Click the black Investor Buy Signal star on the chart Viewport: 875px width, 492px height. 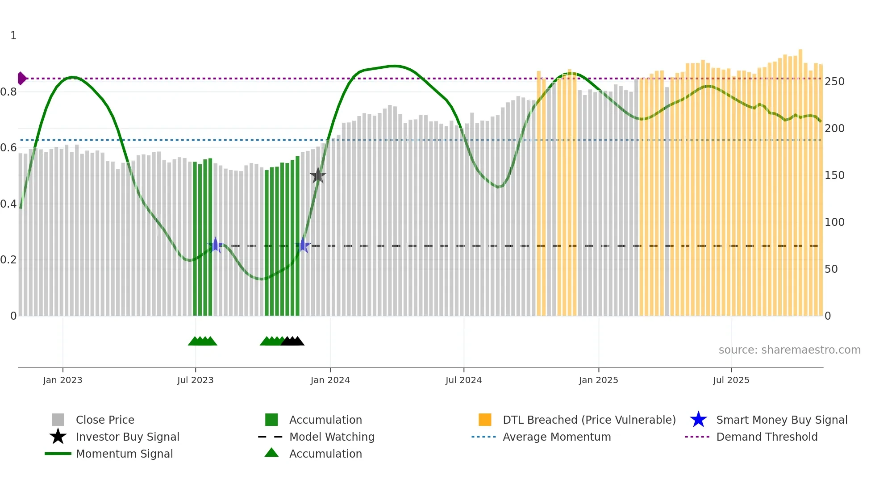(x=318, y=176)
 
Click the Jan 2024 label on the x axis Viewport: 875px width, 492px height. (x=330, y=380)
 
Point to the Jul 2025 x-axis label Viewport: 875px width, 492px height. (x=731, y=380)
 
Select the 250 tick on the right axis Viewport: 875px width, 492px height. (x=834, y=82)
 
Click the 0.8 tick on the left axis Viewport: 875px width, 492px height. (x=8, y=92)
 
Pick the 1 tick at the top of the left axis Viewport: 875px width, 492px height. (x=13, y=36)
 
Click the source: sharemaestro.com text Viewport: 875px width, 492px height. (x=789, y=350)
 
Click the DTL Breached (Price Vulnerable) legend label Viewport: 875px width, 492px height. (x=589, y=420)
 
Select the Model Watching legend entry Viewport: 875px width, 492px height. (x=331, y=437)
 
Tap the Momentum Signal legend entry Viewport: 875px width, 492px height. (x=124, y=454)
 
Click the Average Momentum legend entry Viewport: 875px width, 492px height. (x=556, y=437)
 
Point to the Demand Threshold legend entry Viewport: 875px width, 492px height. (x=767, y=437)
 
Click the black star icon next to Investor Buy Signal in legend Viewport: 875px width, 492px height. (x=58, y=437)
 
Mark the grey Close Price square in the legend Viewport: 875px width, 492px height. (x=58, y=420)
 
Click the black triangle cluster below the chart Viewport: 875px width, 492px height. (x=293, y=342)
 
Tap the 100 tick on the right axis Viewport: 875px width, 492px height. (x=834, y=222)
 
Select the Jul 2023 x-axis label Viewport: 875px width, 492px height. (x=195, y=380)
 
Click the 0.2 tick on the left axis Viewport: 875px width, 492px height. (x=8, y=260)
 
